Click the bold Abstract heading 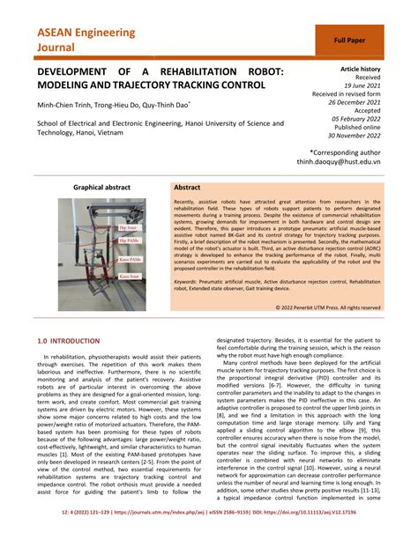click(x=188, y=188)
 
